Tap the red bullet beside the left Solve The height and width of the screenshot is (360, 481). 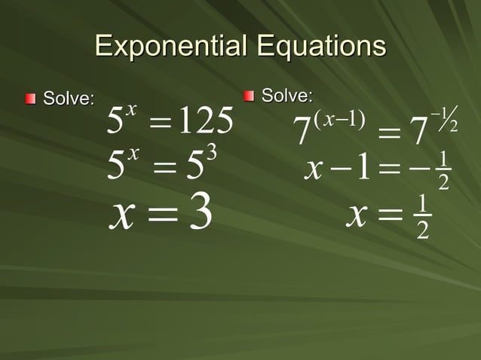point(31,99)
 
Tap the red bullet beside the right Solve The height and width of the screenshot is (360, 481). point(249,96)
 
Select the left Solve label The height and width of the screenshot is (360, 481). point(69,99)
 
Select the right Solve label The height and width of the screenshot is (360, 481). point(286,96)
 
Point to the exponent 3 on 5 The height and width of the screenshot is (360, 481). point(212,153)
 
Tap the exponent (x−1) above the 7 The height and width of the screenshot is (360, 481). point(335,118)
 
